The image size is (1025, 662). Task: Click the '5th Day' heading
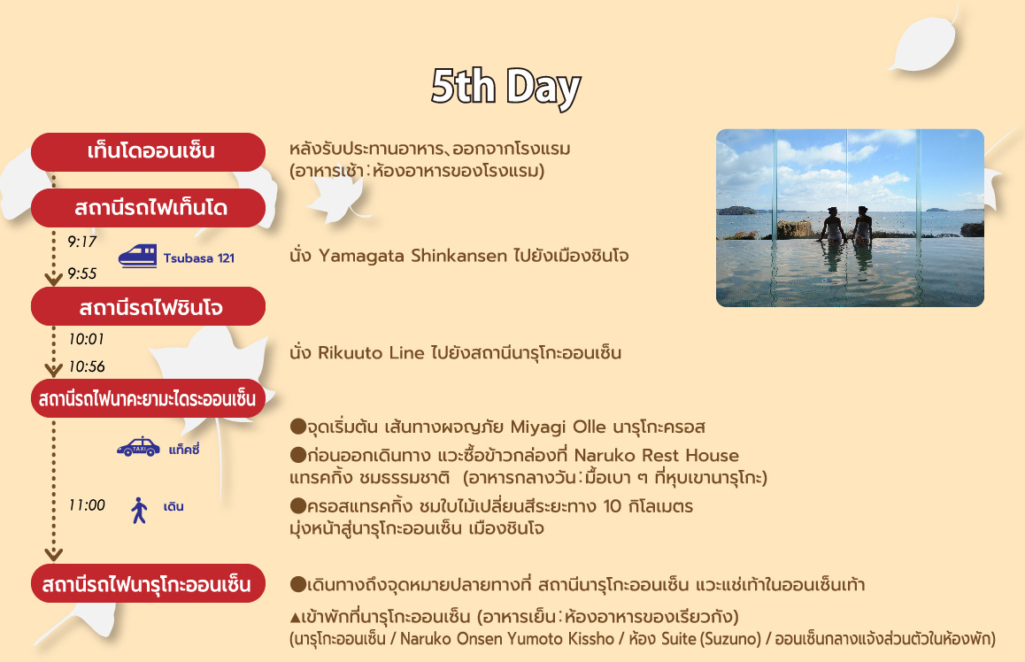pyautogui.click(x=505, y=87)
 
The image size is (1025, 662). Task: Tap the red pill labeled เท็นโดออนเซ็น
pyautogui.click(x=149, y=151)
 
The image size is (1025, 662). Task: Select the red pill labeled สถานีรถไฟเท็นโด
pyautogui.click(x=149, y=208)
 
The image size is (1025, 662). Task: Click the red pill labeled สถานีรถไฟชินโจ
pyautogui.click(x=149, y=306)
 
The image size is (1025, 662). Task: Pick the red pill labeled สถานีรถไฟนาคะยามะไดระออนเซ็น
pyautogui.click(x=149, y=398)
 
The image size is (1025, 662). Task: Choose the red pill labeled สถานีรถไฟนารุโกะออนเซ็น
pyautogui.click(x=149, y=583)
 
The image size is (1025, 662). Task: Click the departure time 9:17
pyautogui.click(x=81, y=242)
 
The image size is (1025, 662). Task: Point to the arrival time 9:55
pyautogui.click(x=81, y=273)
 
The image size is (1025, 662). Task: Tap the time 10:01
pyautogui.click(x=86, y=339)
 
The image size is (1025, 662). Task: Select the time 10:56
pyautogui.click(x=86, y=366)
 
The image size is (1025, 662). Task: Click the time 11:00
pyautogui.click(x=86, y=505)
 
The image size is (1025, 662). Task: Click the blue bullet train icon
pyautogui.click(x=137, y=256)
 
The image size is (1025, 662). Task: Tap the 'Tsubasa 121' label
pyautogui.click(x=199, y=258)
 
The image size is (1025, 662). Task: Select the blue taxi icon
pyautogui.click(x=139, y=447)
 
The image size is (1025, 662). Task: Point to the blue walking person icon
pyautogui.click(x=139, y=511)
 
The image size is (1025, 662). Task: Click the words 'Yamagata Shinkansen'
pyautogui.click(x=412, y=256)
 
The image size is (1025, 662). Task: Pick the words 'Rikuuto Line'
pyautogui.click(x=371, y=353)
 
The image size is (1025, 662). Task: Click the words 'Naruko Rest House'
pyautogui.click(x=656, y=456)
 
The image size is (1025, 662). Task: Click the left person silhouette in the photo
pyautogui.click(x=832, y=226)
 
